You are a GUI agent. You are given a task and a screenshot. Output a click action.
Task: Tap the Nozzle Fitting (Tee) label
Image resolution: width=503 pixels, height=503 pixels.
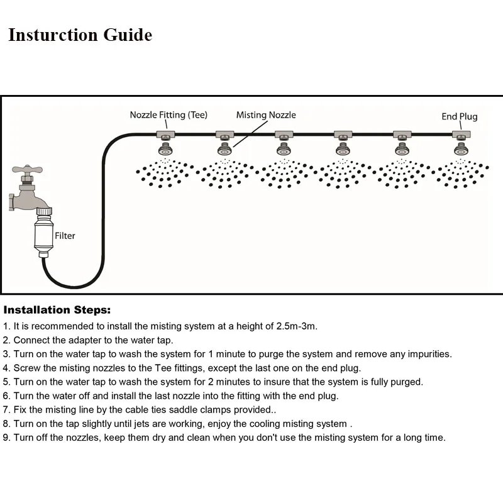(169, 115)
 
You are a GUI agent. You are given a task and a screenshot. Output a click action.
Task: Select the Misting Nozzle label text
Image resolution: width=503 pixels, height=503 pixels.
(266, 115)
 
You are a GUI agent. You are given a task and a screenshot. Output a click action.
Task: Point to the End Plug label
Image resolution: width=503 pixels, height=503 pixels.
(459, 116)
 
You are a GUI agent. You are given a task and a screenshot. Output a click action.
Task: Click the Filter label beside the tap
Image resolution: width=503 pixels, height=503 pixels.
(65, 236)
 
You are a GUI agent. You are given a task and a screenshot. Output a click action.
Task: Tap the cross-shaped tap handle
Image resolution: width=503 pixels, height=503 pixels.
(26, 170)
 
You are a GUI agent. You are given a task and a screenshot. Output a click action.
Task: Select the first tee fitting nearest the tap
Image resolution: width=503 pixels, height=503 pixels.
(166, 134)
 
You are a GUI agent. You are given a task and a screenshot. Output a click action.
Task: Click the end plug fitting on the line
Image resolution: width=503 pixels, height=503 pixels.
(462, 134)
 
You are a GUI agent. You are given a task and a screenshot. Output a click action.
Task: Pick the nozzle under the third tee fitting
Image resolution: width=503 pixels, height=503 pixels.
(284, 149)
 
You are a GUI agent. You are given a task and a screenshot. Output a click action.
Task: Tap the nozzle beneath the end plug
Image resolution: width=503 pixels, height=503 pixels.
(462, 149)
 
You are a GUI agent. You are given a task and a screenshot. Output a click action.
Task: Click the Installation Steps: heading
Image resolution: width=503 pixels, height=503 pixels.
(57, 310)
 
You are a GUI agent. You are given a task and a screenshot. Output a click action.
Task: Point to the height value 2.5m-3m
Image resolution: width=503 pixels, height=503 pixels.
(297, 326)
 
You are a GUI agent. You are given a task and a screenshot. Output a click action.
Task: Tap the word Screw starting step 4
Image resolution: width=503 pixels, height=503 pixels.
(27, 368)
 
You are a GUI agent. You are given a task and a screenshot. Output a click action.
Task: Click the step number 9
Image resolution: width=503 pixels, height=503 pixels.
(6, 438)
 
